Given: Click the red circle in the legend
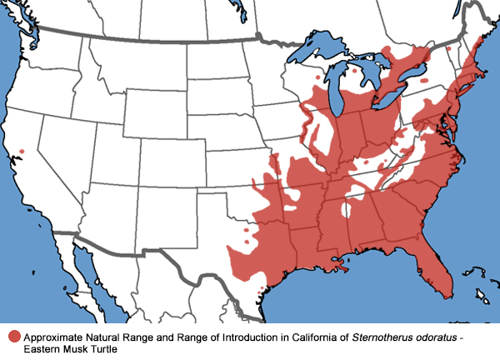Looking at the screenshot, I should pyautogui.click(x=14, y=337).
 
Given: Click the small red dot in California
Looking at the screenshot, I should pyautogui.click(x=22, y=151).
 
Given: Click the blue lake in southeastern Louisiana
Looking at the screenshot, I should pyautogui.click(x=339, y=264).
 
